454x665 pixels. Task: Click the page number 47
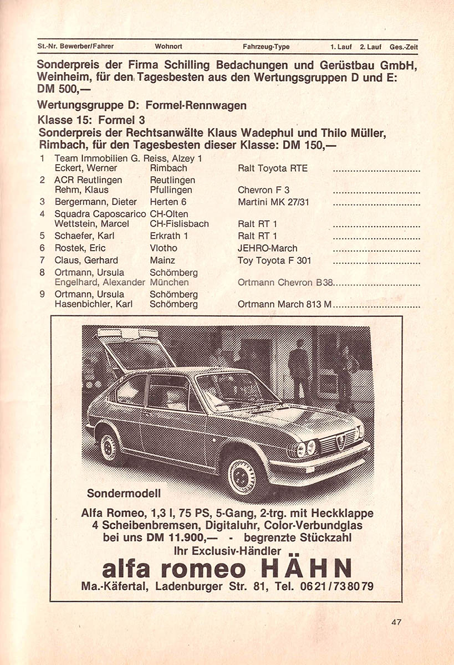395,622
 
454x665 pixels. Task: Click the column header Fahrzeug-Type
266,47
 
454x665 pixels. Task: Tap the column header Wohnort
169,47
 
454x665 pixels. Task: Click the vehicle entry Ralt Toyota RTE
272,168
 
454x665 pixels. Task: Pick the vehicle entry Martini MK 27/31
273,202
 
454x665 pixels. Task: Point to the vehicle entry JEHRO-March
267,248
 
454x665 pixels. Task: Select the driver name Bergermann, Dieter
88,202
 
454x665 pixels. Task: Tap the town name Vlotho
164,248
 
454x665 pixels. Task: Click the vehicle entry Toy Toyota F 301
274,260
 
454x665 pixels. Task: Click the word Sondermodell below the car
123,493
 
